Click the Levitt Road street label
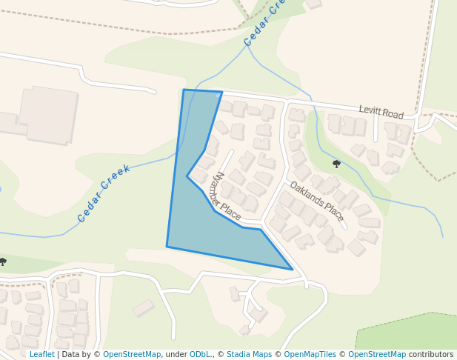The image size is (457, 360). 381,112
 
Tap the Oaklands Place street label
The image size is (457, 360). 317,201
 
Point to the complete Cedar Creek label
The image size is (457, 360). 104,193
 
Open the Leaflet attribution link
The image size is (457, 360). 41,355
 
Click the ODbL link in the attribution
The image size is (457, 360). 201,355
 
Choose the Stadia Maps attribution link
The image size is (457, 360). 249,355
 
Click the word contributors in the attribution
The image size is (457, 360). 431,355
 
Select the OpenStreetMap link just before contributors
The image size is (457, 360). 376,355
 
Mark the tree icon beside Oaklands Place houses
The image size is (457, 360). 336,164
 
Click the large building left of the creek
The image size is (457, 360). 47,115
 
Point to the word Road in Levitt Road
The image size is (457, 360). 394,114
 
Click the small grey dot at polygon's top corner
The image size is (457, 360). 217,96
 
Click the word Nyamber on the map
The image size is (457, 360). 220,188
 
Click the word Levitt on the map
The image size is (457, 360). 370,110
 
